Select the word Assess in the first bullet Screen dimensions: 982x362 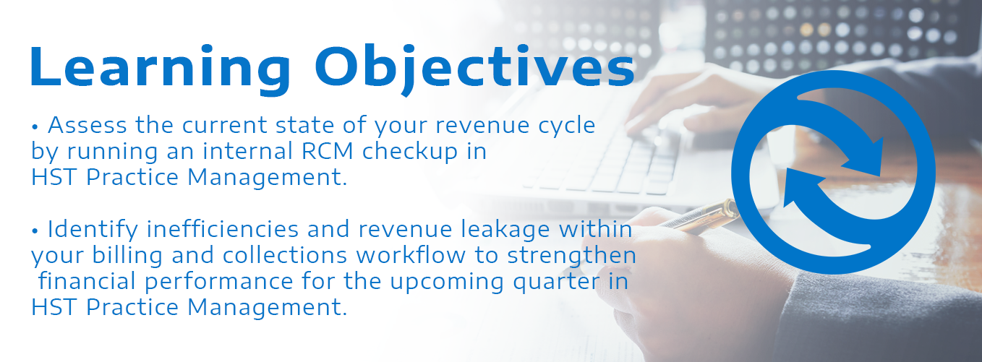click(x=87, y=125)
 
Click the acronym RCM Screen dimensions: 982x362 click(x=328, y=151)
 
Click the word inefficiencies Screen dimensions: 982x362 click(x=223, y=229)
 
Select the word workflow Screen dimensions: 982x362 click(x=411, y=254)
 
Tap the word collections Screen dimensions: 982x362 click(x=285, y=254)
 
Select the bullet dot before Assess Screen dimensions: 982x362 click(x=35, y=127)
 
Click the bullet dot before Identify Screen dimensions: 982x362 click(x=35, y=231)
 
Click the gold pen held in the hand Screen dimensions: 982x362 click(x=701, y=215)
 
